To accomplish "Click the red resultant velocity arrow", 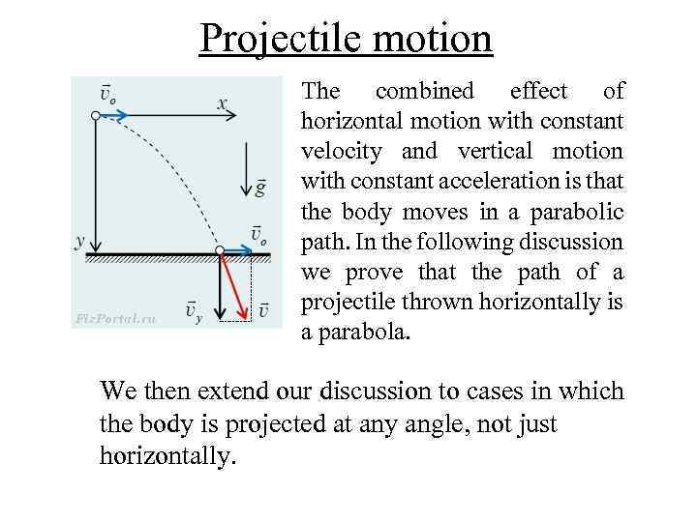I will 232,282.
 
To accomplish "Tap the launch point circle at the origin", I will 94,115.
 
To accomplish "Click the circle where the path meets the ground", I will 220,251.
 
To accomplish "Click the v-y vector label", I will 194,311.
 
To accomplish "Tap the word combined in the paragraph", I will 425,91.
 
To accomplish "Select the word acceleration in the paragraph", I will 490,181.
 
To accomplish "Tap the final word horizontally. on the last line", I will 167,456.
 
